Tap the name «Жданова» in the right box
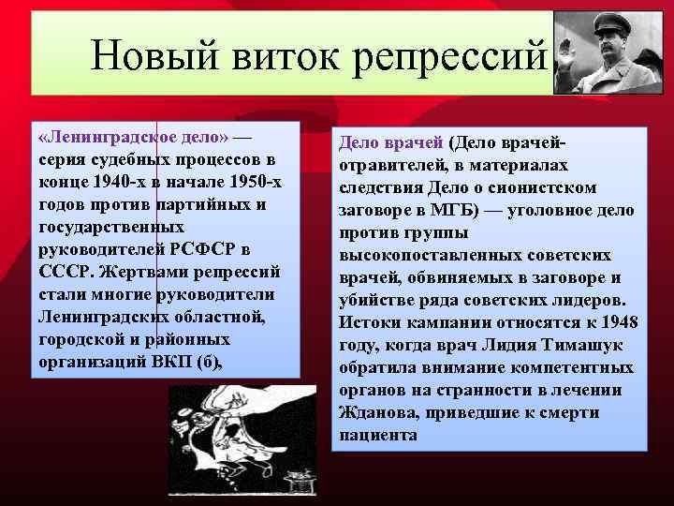377,413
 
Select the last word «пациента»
377,436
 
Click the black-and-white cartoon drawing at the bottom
242,440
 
